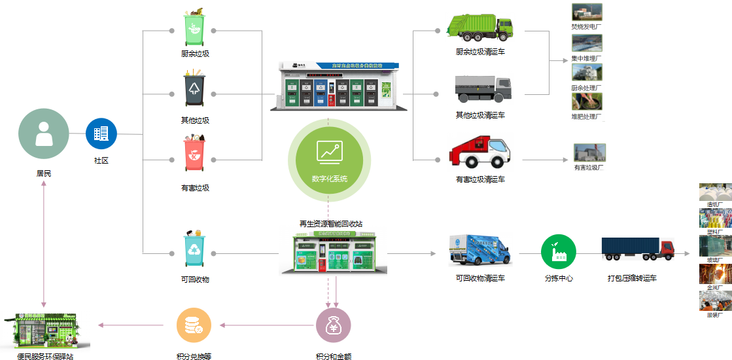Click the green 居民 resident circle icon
click(x=44, y=134)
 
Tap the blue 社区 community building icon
click(x=101, y=134)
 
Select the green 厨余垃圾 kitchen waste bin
click(x=194, y=29)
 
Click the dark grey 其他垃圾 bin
click(x=194, y=90)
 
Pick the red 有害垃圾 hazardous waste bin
click(x=194, y=156)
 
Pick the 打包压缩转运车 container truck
click(x=637, y=249)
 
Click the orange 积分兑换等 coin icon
click(x=194, y=325)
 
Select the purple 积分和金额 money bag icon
click(x=334, y=325)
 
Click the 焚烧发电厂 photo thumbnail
click(x=587, y=12)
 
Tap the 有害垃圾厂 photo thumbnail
click(x=589, y=153)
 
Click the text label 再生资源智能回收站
click(x=330, y=224)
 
